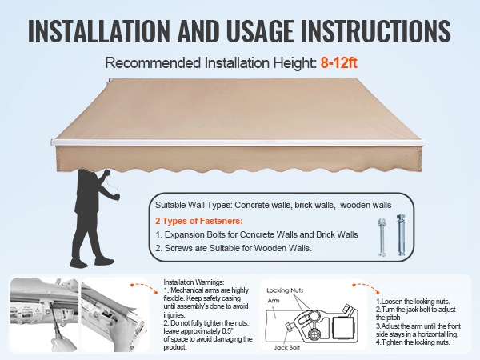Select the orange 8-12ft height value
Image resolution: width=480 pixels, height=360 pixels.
pyautogui.click(x=339, y=62)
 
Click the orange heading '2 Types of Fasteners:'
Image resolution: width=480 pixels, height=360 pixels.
pyautogui.click(x=199, y=221)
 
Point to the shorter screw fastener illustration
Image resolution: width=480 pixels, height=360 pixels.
pyautogui.click(x=382, y=237)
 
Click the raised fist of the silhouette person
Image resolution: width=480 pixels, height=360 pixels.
pyautogui.click(x=107, y=173)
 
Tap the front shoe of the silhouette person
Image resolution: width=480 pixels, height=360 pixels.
pyautogui.click(x=104, y=262)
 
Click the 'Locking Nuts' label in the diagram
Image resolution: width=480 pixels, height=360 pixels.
pyautogui.click(x=285, y=290)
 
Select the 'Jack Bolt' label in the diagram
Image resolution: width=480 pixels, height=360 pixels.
pyautogui.click(x=287, y=347)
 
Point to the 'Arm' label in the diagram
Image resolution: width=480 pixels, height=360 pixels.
pyautogui.click(x=274, y=300)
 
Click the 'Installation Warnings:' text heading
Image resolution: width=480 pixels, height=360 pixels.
pyautogui.click(x=194, y=282)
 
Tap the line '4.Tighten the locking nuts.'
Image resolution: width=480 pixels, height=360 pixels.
pyautogui.click(x=413, y=342)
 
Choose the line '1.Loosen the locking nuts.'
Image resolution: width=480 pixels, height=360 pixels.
pyautogui.click(x=413, y=302)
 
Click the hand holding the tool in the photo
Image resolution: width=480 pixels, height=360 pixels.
pyautogui.click(x=65, y=343)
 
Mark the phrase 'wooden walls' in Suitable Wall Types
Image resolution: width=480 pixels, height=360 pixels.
pyautogui.click(x=366, y=205)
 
